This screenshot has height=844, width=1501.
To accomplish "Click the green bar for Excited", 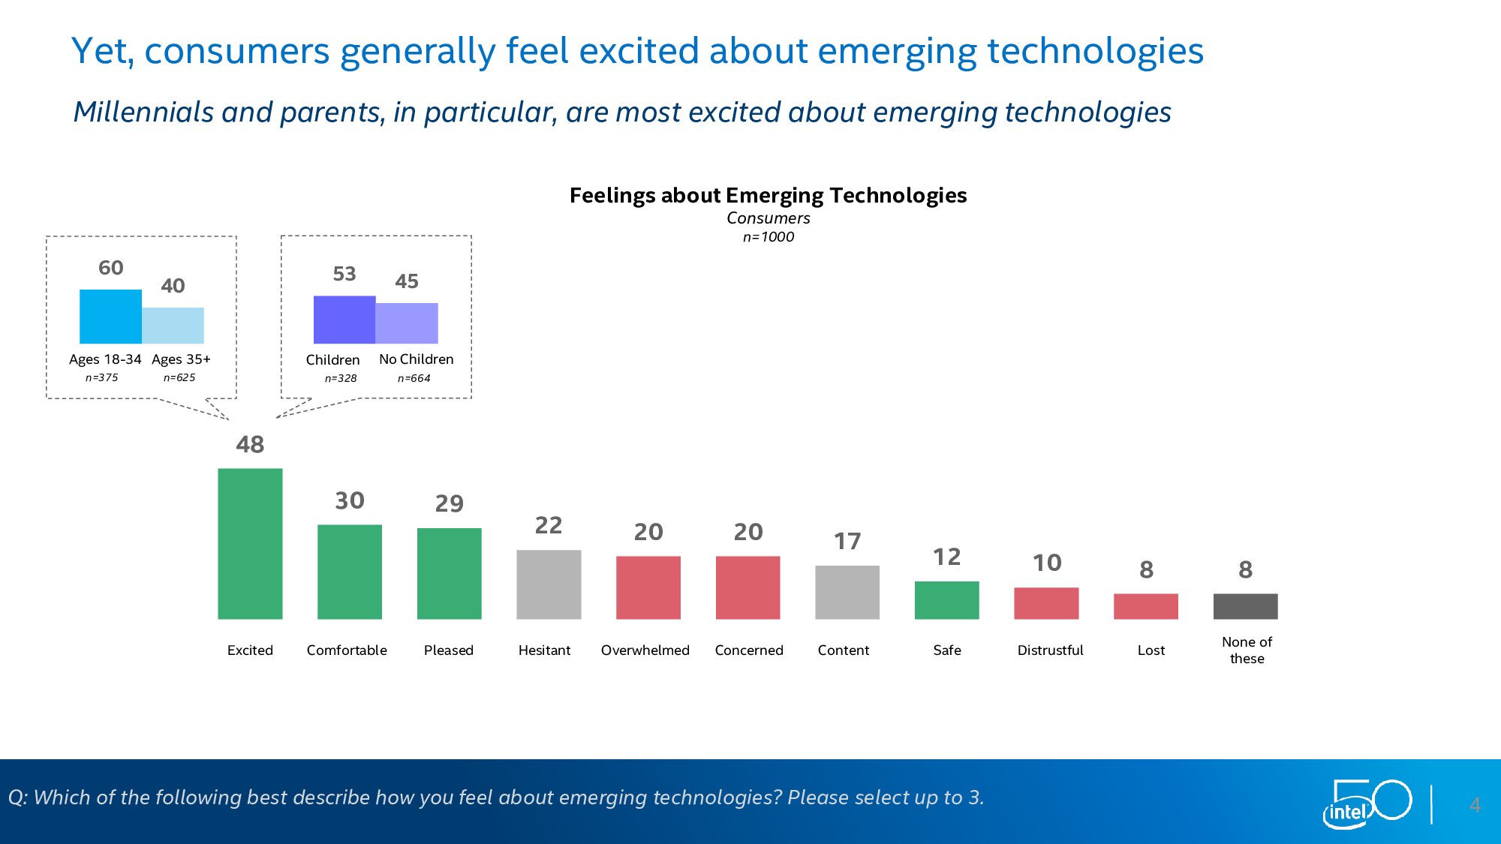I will [250, 543].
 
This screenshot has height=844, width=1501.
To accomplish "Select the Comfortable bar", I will [350, 571].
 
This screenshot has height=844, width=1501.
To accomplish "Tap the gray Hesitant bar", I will [549, 584].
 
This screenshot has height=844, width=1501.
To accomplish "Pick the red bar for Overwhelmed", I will [648, 587].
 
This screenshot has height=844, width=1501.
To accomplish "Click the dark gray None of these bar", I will [1245, 606].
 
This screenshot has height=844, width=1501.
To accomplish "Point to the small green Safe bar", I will [946, 599].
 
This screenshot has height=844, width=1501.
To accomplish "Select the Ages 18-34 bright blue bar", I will [110, 316].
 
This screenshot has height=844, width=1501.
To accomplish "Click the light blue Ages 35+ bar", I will [173, 325].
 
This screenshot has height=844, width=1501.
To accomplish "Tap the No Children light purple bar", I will [407, 323].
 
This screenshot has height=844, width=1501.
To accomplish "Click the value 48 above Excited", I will [250, 444].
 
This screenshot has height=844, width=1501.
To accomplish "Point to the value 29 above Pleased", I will [450, 503].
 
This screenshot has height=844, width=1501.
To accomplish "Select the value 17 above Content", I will [847, 541].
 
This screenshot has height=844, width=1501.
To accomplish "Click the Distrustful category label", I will [1050, 650].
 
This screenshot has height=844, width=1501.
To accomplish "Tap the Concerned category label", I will [749, 650].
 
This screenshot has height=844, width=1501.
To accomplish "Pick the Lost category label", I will [1151, 650].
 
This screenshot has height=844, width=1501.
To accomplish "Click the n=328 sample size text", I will [341, 378].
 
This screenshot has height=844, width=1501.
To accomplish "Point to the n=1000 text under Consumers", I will [768, 237].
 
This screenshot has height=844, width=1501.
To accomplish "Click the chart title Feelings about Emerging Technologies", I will [768, 195].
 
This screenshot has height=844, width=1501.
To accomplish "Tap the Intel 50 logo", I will [1367, 803].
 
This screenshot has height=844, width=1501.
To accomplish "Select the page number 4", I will [1475, 805].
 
